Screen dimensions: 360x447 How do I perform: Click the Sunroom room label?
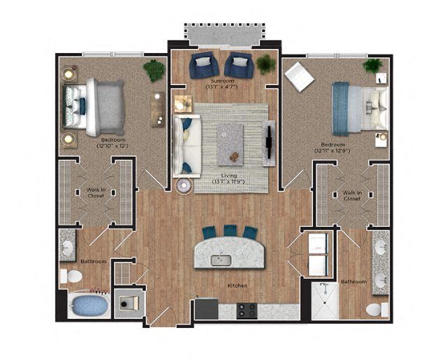224,82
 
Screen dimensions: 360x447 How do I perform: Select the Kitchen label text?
237,285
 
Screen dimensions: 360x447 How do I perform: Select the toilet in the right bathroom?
375,308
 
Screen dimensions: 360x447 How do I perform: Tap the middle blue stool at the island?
230,230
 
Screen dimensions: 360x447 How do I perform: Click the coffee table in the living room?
230,144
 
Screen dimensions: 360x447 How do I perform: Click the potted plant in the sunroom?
265,64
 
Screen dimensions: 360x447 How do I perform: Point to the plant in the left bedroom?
154,69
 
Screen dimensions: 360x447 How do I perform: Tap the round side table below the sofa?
184,186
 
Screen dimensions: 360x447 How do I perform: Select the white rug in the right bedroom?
298,76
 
